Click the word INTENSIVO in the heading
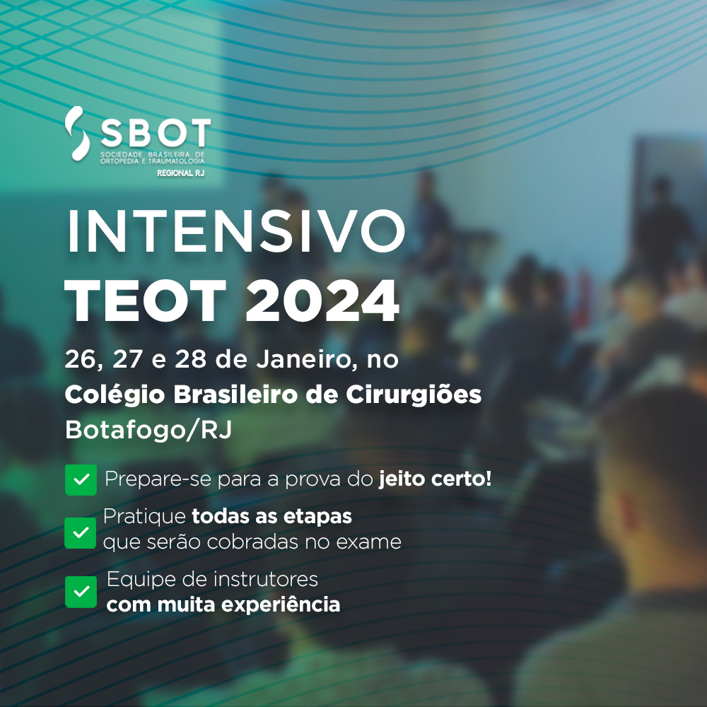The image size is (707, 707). tap(236, 231)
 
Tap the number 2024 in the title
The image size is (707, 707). tap(322, 300)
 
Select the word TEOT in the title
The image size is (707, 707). tap(145, 300)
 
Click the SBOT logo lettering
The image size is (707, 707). tap(155, 133)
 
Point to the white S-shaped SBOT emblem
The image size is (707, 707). tap(77, 134)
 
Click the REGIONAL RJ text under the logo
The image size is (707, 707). tap(181, 173)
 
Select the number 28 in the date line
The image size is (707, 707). tap(190, 360)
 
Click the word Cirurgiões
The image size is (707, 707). tap(414, 395)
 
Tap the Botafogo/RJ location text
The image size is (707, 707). tap(148, 430)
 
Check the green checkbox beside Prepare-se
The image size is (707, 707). tap(81, 480)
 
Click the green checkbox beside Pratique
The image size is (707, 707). tap(81, 533)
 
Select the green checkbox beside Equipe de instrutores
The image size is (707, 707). tap(81, 592)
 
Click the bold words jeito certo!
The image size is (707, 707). tap(435, 479)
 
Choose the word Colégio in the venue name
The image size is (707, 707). tap(115, 395)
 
